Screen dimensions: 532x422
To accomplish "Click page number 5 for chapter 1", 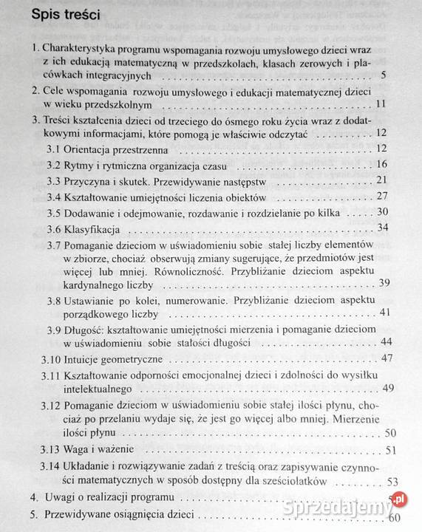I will coord(381,75).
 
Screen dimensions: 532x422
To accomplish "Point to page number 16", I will coord(381,164).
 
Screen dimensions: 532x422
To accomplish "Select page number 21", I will coord(381,180).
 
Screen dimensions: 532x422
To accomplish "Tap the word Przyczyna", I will coord(90,180).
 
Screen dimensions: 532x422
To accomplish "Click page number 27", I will coord(382,196).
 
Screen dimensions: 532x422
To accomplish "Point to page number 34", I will coord(382,227).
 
